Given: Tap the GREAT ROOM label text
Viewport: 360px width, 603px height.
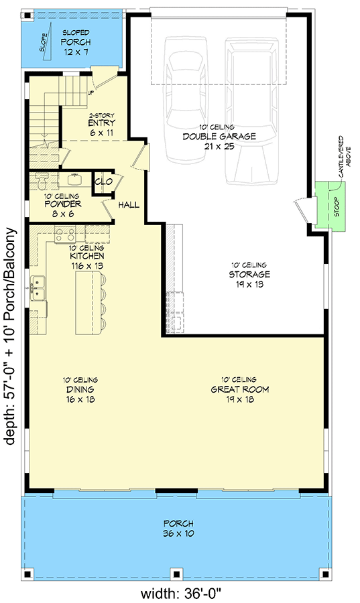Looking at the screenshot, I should (231, 389).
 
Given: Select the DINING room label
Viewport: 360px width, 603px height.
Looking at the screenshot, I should (80, 389).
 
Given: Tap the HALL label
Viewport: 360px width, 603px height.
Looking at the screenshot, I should (129, 204).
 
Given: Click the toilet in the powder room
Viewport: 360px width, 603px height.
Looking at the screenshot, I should (42, 182).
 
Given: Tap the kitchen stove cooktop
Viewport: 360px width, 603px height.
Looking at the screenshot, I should (64, 234).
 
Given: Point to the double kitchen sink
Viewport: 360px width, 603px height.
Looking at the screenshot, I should (38, 286).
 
